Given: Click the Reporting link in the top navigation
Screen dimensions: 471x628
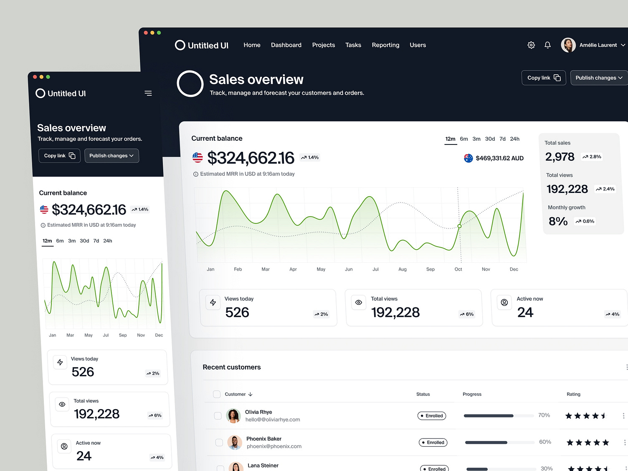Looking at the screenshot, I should coord(385,45).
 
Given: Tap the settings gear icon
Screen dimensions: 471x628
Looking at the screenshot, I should coord(531,45).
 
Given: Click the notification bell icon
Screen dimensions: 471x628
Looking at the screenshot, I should coord(547,45).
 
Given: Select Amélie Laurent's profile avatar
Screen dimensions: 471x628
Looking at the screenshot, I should coord(568,45).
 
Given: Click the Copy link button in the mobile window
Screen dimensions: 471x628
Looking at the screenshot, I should coord(59,156).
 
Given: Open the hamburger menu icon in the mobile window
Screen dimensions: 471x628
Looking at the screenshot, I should coord(148,93).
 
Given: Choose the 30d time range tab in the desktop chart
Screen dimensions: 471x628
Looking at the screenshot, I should coord(490,139).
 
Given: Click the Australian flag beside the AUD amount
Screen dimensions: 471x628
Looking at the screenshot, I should coord(468,158).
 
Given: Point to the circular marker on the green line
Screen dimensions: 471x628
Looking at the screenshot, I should coord(459,226).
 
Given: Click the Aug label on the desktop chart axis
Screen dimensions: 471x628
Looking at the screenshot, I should coord(403,269).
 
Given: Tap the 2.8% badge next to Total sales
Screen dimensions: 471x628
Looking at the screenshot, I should coord(592,157).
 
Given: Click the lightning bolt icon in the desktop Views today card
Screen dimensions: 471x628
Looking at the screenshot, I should coord(213,302).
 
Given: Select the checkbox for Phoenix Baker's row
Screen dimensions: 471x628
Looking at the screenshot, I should coord(219,442).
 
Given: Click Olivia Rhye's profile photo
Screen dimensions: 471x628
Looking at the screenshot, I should coord(233,415).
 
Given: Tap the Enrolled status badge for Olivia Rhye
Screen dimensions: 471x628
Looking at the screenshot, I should coord(432,416).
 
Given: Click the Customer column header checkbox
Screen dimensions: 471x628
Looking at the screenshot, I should coord(217,394).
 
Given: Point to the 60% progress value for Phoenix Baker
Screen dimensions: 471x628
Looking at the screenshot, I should coord(545,442).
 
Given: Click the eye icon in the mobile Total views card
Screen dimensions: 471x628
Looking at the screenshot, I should coord(62,404).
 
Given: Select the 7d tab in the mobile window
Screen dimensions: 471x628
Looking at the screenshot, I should coord(96,241).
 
